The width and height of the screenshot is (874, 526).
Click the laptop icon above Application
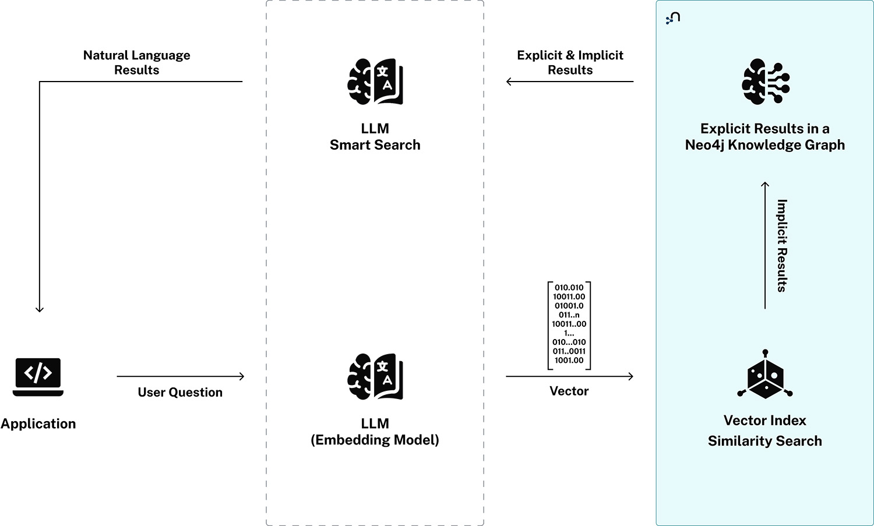click(38, 376)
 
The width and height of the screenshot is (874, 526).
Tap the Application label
click(38, 423)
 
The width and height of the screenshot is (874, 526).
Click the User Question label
click(180, 392)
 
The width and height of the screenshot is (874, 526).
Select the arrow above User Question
click(180, 376)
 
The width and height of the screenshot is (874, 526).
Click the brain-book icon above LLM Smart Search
click(375, 82)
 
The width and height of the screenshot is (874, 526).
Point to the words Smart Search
click(375, 145)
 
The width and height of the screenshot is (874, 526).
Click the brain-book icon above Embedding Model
click(375, 376)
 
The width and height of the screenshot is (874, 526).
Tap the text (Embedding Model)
click(375, 440)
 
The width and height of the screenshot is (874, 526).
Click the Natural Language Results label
click(136, 62)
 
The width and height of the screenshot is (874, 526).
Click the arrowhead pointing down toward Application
click(40, 309)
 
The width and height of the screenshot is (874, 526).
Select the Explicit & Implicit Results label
click(570, 62)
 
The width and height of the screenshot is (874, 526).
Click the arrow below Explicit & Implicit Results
click(569, 82)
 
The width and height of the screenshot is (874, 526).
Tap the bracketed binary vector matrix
click(569, 325)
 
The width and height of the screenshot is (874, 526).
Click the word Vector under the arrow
click(569, 391)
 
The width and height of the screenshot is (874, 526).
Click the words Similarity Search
click(764, 441)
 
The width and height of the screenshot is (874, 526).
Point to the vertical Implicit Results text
click(782, 245)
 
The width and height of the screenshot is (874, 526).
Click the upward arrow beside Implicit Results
click(765, 245)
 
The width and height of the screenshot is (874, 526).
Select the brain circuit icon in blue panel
click(765, 82)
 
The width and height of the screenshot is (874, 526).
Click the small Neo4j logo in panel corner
click(673, 18)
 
